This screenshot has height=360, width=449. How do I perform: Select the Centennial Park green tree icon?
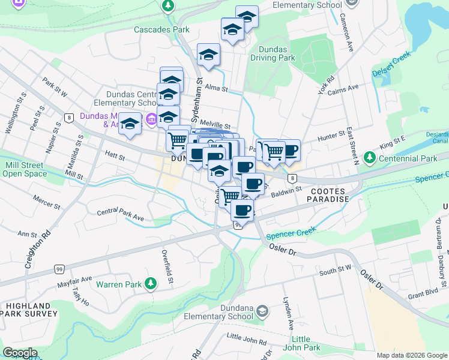click(370, 158)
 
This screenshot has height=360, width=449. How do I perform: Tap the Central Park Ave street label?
click(121, 215)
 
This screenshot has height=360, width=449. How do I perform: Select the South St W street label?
click(336, 271)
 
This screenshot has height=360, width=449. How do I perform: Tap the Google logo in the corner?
click(20, 353)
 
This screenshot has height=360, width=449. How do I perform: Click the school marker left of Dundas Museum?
click(129, 124)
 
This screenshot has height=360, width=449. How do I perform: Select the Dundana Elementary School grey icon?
click(262, 310)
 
